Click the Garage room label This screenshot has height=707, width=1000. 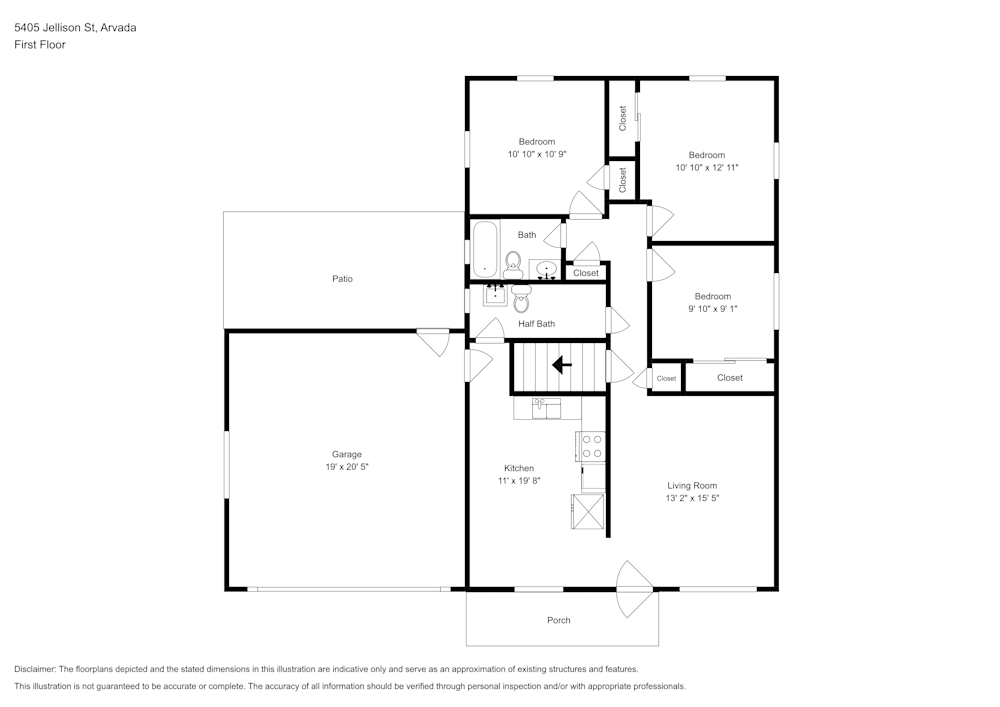[347, 454]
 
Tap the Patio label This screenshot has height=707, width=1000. [342, 279]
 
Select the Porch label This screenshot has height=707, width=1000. [559, 620]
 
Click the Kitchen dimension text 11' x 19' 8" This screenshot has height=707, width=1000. [518, 481]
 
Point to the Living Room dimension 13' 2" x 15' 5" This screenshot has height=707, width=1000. [692, 498]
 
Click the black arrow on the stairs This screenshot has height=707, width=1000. [562, 365]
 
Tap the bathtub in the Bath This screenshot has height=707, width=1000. [485, 249]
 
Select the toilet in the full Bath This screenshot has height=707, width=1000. [513, 263]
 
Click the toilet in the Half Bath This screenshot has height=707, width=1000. [521, 297]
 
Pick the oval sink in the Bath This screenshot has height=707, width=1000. [546, 269]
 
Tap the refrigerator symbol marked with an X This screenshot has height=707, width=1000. [588, 512]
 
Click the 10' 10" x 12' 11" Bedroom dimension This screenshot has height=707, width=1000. [706, 168]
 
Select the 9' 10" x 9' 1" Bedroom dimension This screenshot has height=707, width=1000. [713, 309]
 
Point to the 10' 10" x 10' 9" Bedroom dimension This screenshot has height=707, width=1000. [537, 154]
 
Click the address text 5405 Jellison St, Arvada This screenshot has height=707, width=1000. [75, 28]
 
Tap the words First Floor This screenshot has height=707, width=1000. [40, 45]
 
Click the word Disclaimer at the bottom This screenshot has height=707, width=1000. [35, 669]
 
